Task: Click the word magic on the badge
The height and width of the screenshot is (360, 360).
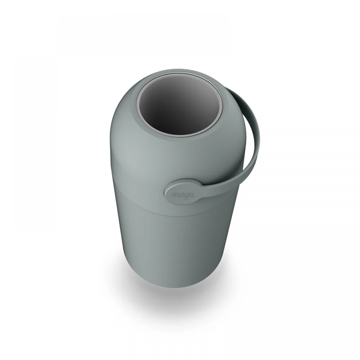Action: click(184, 195)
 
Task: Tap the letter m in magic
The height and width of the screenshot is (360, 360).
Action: click(175, 195)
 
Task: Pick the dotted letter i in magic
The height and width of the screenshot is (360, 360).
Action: click(190, 195)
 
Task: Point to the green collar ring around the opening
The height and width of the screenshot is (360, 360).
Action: click(133, 108)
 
